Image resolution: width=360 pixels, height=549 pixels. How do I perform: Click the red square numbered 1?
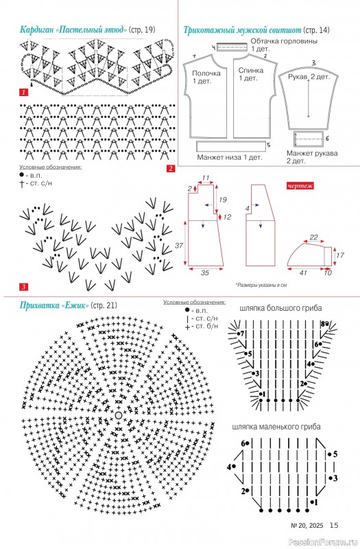pos(23,93)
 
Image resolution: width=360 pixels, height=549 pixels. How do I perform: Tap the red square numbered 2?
pos(170,168)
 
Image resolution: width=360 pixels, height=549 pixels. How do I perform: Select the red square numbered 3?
pos(23,287)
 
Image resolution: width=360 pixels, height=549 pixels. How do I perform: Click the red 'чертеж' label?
pos(300,185)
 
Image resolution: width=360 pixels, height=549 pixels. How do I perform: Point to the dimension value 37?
pos(179,246)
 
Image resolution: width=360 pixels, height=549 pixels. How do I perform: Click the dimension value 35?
pos(204,272)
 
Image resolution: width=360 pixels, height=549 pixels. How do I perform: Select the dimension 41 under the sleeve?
pos(303,272)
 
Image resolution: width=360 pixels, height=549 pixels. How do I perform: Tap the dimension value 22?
pos(314,237)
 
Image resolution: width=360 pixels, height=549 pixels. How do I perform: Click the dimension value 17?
pos(340,255)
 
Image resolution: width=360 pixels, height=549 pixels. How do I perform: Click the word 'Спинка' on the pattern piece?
pos(251,71)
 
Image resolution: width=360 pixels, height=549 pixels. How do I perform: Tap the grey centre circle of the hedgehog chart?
pos(118,415)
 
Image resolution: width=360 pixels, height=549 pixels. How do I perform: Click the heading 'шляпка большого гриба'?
pos(280,308)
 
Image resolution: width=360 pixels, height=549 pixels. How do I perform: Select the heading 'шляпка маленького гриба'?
pos(276,427)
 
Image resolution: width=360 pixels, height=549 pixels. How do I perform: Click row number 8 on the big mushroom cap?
pos(322,324)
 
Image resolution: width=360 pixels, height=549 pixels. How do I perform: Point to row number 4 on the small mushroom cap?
pos(229,467)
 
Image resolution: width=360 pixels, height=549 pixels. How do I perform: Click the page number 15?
pos(334,525)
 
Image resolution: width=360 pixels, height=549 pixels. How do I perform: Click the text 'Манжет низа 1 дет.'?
pos(230,157)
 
